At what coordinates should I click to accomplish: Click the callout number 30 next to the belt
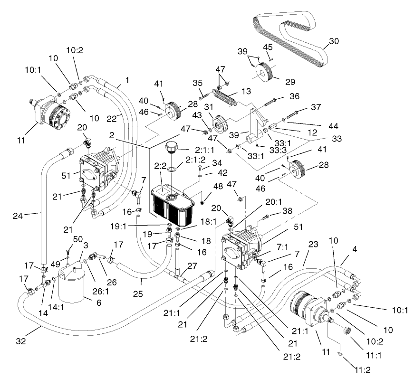tap(334, 41)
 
